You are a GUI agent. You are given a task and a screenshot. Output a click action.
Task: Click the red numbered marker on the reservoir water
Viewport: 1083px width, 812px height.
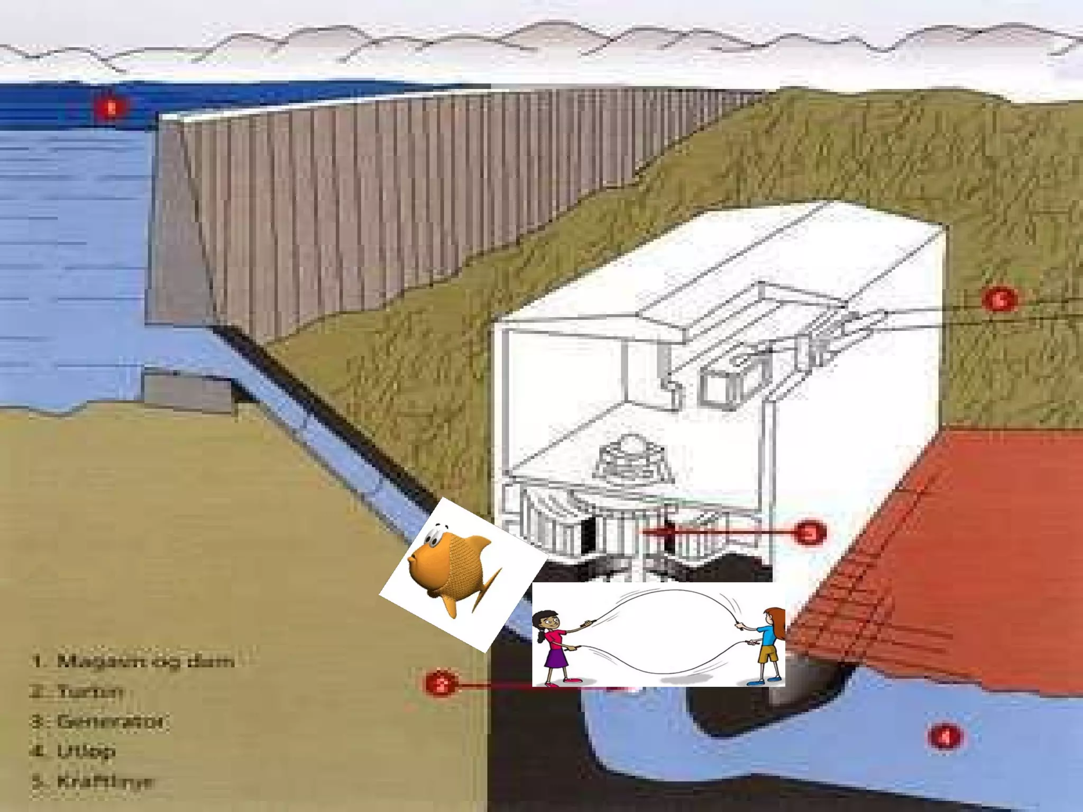pos(111,108)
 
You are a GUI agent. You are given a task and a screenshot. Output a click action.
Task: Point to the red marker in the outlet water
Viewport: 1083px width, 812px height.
pos(944,736)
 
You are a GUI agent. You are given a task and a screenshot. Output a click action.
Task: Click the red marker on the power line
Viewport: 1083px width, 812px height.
pos(999,300)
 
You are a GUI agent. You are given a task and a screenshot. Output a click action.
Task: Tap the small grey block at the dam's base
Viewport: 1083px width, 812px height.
pos(188,392)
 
